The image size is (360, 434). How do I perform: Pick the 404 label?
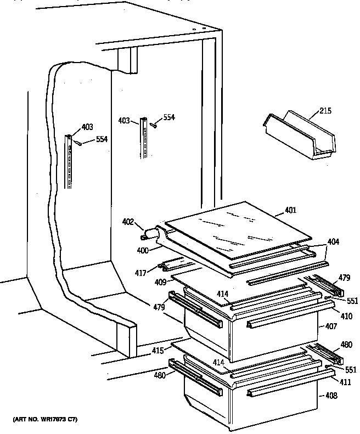click(334, 241)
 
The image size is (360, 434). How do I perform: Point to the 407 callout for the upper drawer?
click(331, 327)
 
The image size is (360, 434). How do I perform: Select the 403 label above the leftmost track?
click(87, 127)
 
